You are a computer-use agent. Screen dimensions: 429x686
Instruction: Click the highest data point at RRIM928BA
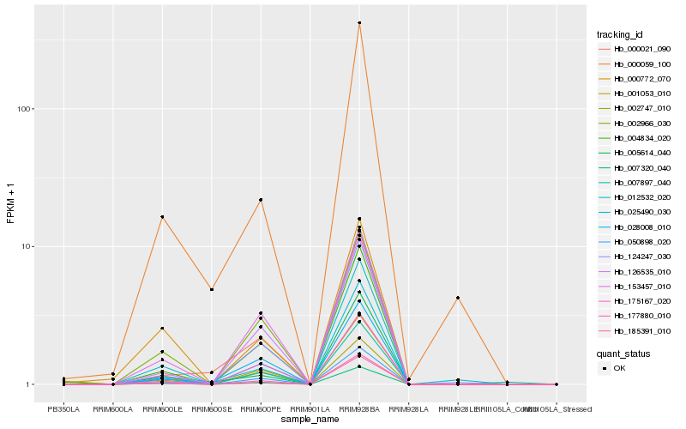coord(359,23)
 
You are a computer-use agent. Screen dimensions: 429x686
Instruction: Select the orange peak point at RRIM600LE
coord(162,217)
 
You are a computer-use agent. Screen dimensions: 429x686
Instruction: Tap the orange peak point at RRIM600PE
coord(261,200)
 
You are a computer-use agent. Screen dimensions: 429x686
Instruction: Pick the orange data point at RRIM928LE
coord(458,298)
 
